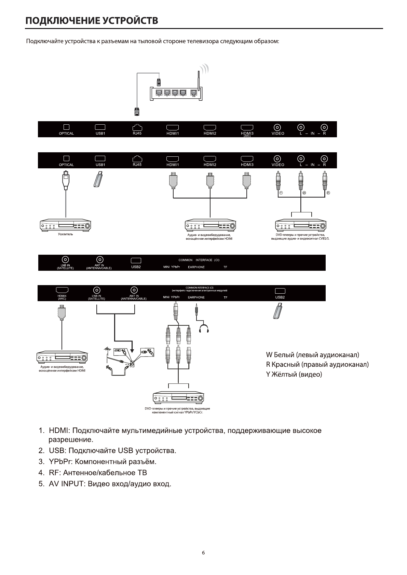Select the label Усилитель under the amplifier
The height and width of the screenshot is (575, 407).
tap(65, 234)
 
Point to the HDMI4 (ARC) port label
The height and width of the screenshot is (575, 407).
tap(62, 297)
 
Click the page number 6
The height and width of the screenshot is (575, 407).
tap(203, 553)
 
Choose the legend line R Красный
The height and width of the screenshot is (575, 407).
tap(317, 364)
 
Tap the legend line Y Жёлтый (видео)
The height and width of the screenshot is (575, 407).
tap(294, 374)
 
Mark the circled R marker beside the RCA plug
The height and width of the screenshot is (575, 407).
tap(328, 193)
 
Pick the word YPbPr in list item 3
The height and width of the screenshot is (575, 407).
tap(60, 462)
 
